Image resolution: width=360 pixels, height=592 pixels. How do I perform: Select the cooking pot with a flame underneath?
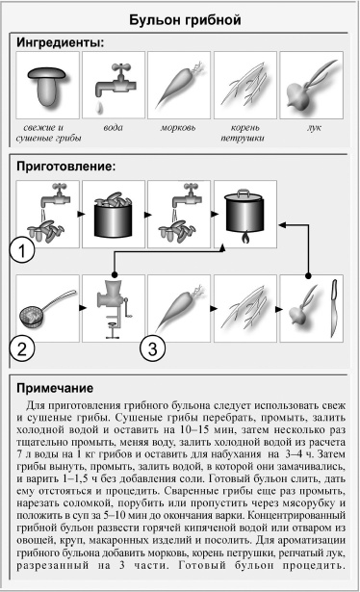[247, 216]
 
